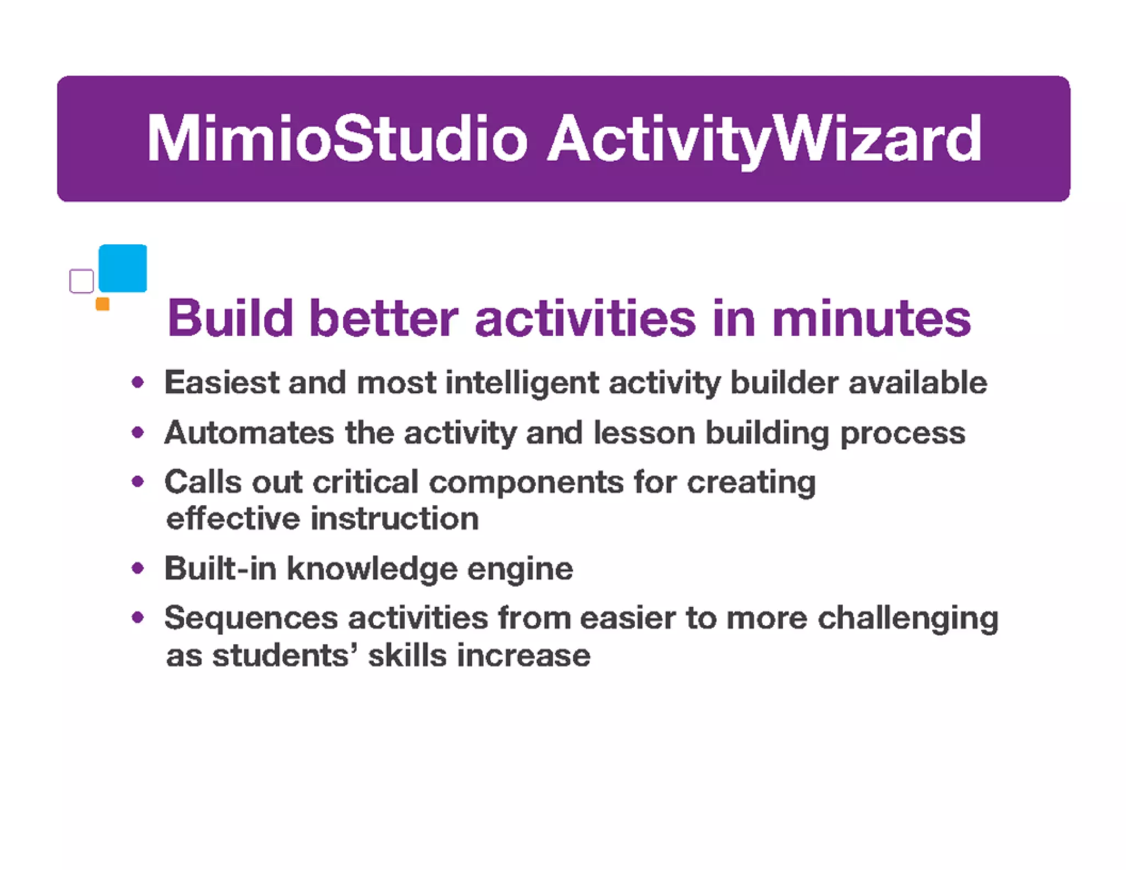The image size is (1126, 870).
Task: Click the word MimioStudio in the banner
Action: tap(336, 139)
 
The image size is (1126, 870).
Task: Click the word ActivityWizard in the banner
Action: tap(764, 139)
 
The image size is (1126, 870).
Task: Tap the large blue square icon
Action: tap(123, 268)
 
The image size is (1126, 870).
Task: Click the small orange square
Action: tap(102, 304)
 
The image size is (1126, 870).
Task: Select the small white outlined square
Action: tap(81, 281)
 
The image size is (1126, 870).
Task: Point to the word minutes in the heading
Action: tap(871, 319)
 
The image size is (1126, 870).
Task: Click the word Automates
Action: tap(249, 433)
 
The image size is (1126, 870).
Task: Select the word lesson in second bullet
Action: tap(644, 433)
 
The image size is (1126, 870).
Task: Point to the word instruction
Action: tap(394, 519)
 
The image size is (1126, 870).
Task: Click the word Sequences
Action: tap(251, 618)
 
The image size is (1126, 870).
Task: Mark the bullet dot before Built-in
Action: tap(138, 568)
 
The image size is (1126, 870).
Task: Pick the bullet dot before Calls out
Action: tap(138, 482)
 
